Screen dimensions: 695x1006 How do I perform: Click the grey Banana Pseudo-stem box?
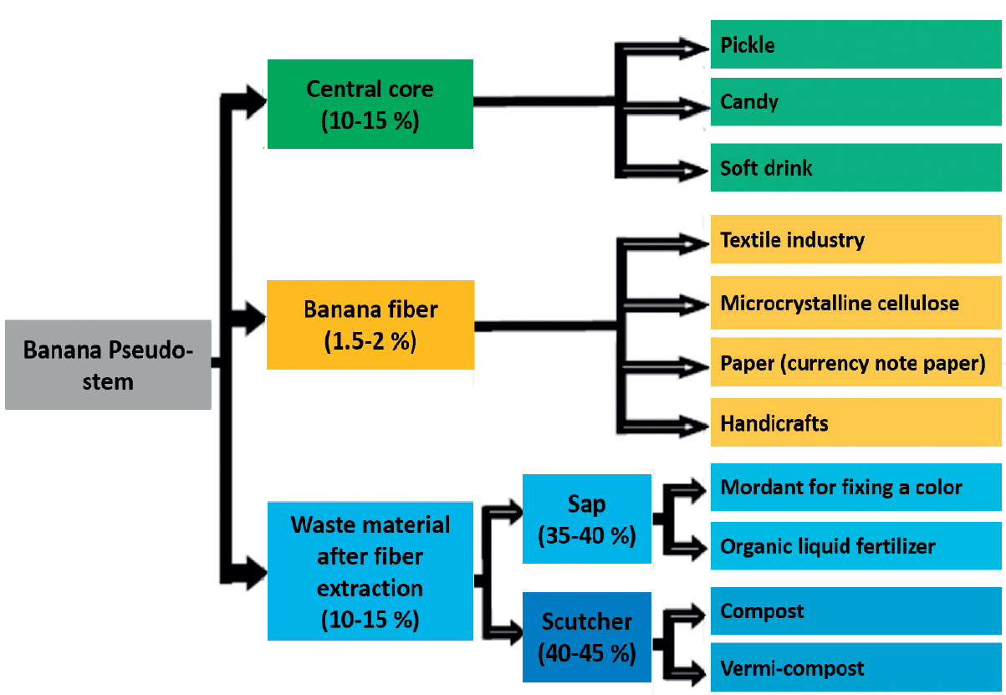[108, 365]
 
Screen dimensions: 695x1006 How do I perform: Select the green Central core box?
[370, 104]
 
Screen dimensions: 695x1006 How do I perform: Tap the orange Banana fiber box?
[370, 325]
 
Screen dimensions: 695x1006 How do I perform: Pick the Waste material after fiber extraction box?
[370, 571]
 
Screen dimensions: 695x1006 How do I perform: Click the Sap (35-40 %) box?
[586, 519]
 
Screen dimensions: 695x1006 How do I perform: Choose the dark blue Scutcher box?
[586, 637]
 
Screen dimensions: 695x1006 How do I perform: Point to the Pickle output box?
[855, 45]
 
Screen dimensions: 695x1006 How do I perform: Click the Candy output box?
[855, 103]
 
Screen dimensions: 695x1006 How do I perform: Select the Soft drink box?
[855, 168]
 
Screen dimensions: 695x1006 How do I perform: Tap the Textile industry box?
[855, 240]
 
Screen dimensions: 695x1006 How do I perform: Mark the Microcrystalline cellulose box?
[855, 303]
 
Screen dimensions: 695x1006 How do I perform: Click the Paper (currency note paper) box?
[855, 364]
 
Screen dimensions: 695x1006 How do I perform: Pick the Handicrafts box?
[855, 423]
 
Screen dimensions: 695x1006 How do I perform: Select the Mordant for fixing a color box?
[855, 487]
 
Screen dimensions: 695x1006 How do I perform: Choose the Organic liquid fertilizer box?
[855, 547]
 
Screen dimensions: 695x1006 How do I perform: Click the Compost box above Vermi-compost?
[855, 611]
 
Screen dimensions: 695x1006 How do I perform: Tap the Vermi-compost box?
[855, 668]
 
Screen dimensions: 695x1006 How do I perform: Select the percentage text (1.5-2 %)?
[369, 341]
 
